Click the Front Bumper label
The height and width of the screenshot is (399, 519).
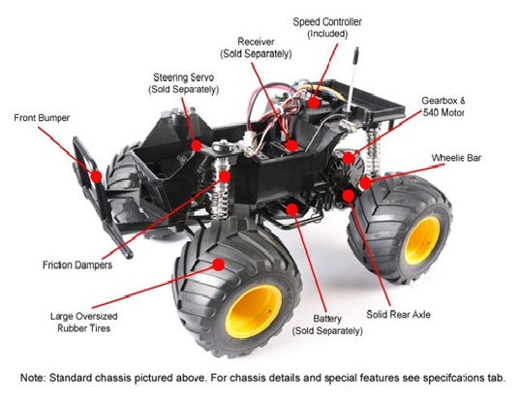tap(42, 118)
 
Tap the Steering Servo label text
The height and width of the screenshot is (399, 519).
tap(184, 83)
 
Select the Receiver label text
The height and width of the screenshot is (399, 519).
tap(256, 47)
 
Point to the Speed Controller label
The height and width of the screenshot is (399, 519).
tap(327, 28)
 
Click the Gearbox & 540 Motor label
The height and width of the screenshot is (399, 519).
tap(443, 107)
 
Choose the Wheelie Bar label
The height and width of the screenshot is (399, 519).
tap(456, 158)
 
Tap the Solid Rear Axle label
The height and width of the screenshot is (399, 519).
tap(399, 314)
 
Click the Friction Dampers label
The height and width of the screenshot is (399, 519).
tap(77, 265)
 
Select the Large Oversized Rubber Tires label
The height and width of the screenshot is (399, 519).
tap(83, 322)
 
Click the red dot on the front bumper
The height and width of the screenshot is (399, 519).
tap(96, 177)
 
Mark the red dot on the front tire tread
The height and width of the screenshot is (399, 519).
tap(219, 264)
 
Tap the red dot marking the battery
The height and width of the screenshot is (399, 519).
tap(292, 209)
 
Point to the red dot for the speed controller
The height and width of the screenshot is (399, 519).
tap(314, 103)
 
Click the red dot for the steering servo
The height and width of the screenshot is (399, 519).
tap(197, 145)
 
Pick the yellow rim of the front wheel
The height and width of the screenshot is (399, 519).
tap(254, 311)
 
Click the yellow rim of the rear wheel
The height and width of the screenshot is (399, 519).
tap(422, 241)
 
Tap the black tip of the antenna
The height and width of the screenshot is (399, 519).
tap(355, 55)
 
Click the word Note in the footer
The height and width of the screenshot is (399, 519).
tap(32, 378)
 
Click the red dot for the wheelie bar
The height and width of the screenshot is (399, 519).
tap(365, 183)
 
